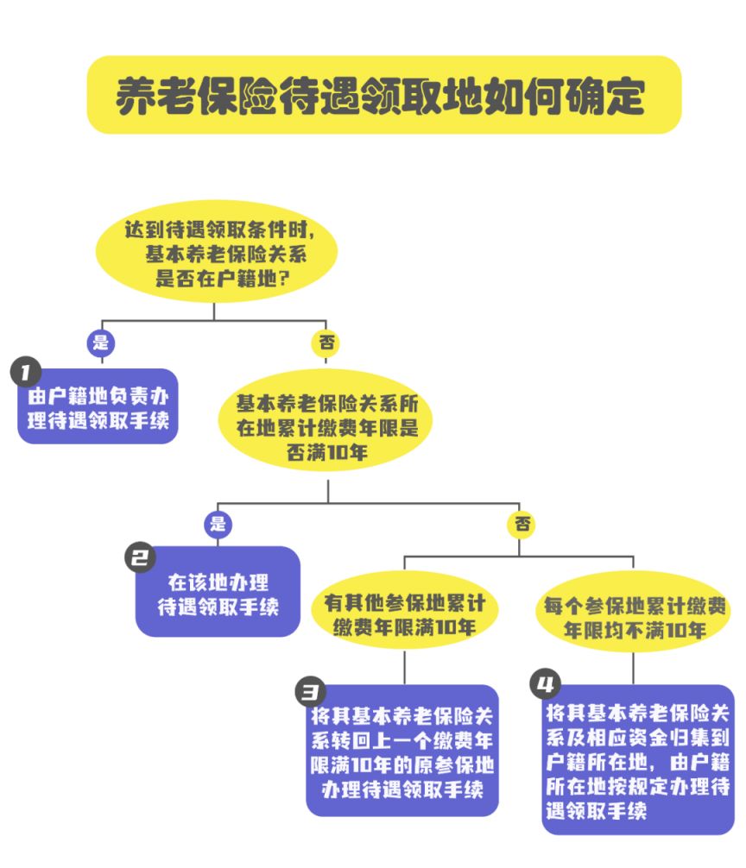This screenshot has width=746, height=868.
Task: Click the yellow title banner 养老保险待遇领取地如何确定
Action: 384,95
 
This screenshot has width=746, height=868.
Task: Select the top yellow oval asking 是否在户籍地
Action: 216,253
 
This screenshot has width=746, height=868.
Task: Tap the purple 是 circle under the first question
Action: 100,342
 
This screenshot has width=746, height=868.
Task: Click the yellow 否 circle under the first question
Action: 326,342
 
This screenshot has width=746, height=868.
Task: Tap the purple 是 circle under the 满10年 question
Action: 218,523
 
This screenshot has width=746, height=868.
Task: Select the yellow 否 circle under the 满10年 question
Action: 521,523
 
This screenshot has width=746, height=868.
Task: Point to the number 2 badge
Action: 141,557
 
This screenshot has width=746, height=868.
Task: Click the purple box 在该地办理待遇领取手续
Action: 218,594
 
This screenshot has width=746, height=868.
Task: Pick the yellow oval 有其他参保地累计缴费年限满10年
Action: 404,613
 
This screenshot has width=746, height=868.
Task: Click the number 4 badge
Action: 545,686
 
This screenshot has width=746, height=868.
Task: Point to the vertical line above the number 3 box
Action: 404,666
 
